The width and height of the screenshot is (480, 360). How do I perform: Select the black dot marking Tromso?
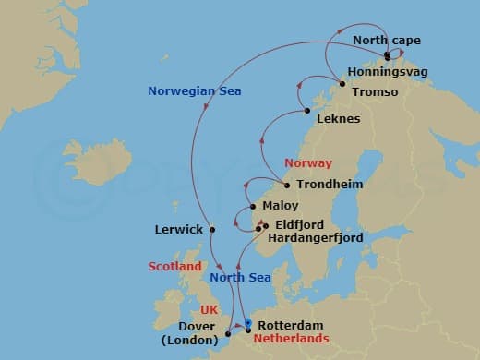[x=342, y=85]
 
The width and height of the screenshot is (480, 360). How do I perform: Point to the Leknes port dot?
[x=307, y=112]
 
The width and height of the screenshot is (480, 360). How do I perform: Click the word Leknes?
[x=338, y=119]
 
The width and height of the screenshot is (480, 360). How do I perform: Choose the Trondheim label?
[x=330, y=185]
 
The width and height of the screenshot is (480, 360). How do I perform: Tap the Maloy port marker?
[x=252, y=206]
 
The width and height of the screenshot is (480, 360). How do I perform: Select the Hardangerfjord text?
[x=315, y=237]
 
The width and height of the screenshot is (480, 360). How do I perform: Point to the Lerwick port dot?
[x=212, y=229]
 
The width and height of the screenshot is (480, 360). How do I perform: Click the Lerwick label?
[x=180, y=229]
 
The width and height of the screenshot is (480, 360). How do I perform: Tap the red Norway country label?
[x=307, y=162]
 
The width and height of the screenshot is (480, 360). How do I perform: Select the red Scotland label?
[x=174, y=266]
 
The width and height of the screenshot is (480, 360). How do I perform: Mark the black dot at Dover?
[x=227, y=334]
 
